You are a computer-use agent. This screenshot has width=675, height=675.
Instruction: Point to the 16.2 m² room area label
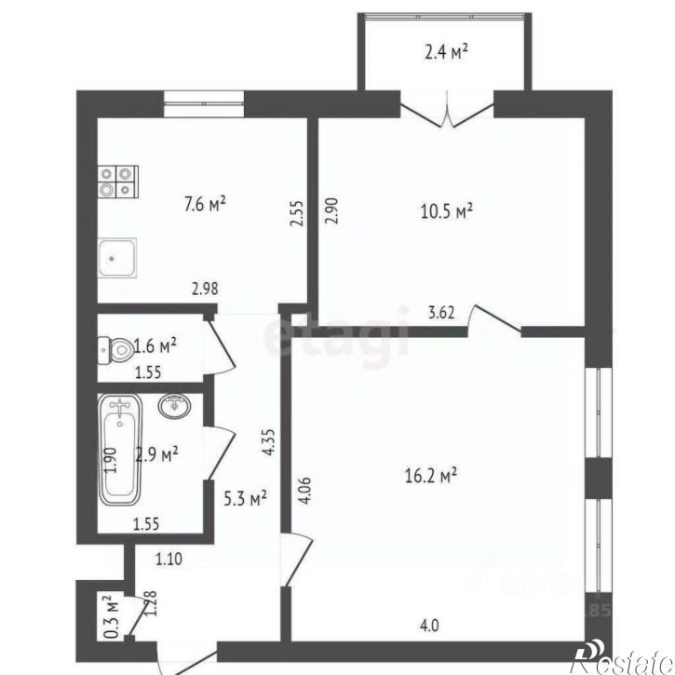point(434,476)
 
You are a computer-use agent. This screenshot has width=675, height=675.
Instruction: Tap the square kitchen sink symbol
point(120,256)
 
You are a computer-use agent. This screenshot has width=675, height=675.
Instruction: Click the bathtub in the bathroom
point(121,448)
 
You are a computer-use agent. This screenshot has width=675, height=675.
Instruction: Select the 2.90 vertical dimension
point(331,213)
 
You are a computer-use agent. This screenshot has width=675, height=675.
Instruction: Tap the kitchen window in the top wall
point(204,102)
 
